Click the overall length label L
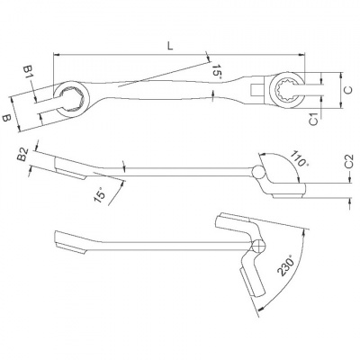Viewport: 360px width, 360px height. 168,43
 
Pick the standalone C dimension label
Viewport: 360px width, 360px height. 346,91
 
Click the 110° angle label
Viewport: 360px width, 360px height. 299,158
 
